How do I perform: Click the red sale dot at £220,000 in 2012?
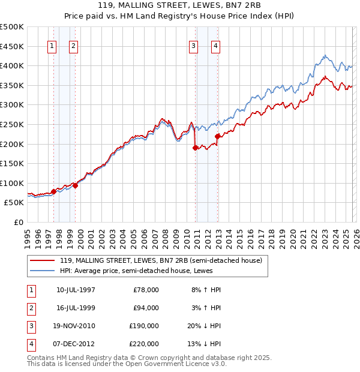tap(217, 136)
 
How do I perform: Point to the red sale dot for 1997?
tap(53, 191)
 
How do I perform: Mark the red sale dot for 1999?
tap(76, 185)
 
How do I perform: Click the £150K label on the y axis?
tap(12, 163)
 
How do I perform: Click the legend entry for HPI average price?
tap(142, 271)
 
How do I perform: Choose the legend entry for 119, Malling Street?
tap(161, 260)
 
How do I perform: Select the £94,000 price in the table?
tap(146, 308)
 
